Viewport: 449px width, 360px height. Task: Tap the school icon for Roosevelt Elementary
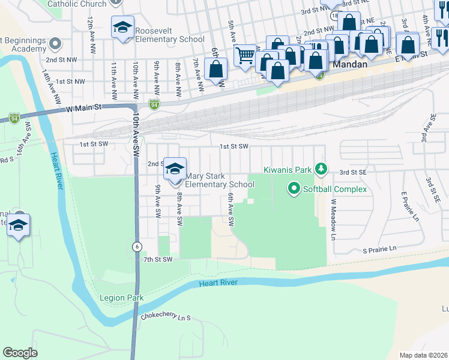[122, 28]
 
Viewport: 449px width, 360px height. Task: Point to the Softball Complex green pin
[294, 189]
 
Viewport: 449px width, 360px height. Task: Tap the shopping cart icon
[244, 56]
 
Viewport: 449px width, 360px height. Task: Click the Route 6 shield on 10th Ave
[137, 247]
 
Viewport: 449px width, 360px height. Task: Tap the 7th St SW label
[158, 259]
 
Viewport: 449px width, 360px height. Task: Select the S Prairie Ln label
[379, 248]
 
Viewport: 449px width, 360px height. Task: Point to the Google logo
[20, 352]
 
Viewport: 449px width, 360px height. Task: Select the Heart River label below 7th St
[220, 283]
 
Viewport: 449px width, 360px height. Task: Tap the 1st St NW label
[70, 81]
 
